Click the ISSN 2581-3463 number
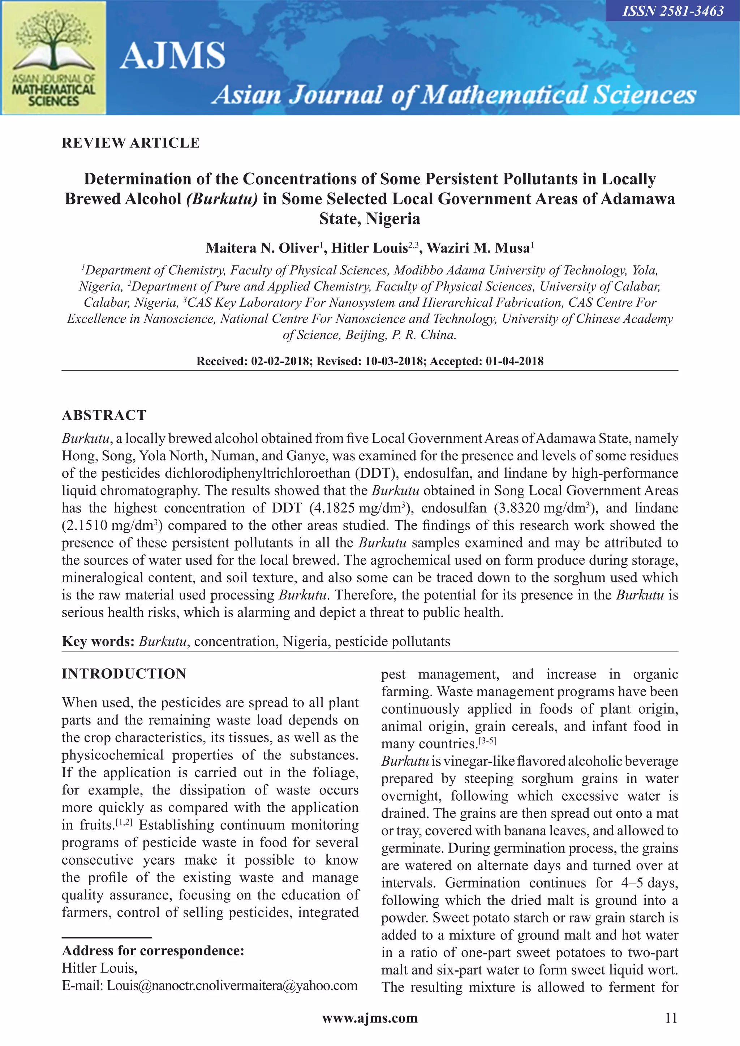point(673,11)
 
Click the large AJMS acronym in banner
point(172,56)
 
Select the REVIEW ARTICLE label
point(131,143)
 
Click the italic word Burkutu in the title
point(222,199)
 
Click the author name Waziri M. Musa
point(478,248)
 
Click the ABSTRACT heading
point(104,415)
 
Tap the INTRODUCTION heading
point(124,674)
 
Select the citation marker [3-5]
point(487,741)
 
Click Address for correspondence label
point(153,951)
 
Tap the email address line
point(210,985)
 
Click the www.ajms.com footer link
point(370,1018)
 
